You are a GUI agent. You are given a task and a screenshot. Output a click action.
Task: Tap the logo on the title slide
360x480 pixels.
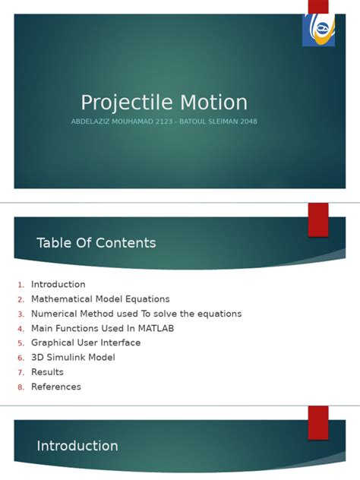pyautogui.click(x=318, y=30)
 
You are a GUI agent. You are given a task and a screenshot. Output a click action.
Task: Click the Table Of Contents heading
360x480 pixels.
pyautogui.click(x=96, y=243)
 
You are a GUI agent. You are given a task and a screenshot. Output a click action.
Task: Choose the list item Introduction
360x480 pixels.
pyautogui.click(x=58, y=285)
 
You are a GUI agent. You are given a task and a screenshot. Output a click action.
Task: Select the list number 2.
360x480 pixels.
pyautogui.click(x=21, y=299)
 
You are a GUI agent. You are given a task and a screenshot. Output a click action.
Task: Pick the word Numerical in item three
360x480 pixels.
pyautogui.click(x=55, y=314)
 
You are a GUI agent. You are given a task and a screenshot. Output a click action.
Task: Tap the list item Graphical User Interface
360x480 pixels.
pyautogui.click(x=86, y=343)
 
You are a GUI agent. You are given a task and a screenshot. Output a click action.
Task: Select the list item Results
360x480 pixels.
pyautogui.click(x=47, y=372)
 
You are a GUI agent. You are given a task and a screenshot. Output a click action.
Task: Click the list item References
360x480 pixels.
pyautogui.click(x=56, y=387)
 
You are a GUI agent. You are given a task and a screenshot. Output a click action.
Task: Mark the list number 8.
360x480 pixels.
pyautogui.click(x=21, y=387)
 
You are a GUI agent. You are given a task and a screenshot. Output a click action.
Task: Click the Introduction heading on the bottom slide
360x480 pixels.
pyautogui.click(x=77, y=447)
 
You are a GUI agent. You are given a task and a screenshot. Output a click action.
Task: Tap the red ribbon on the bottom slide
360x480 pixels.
pyautogui.click(x=318, y=422)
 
